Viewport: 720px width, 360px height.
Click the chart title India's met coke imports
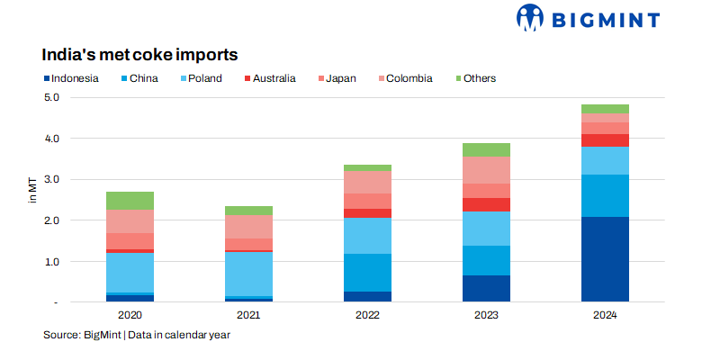point(139,55)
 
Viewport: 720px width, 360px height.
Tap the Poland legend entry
point(200,78)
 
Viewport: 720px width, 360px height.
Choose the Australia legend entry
point(269,78)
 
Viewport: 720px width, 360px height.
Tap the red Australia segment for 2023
point(486,204)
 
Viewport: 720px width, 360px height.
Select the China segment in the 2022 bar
point(368,273)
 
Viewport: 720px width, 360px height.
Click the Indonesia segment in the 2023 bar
point(486,288)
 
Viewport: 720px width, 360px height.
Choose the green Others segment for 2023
point(486,149)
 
